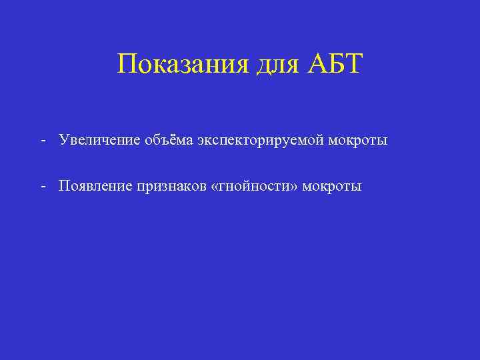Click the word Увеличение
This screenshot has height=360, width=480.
(x=99, y=141)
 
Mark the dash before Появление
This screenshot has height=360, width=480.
(x=43, y=185)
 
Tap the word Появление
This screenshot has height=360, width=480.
(x=95, y=185)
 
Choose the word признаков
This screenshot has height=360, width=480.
(x=171, y=186)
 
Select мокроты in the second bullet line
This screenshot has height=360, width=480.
(x=332, y=186)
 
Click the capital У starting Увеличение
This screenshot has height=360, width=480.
(x=63, y=141)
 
